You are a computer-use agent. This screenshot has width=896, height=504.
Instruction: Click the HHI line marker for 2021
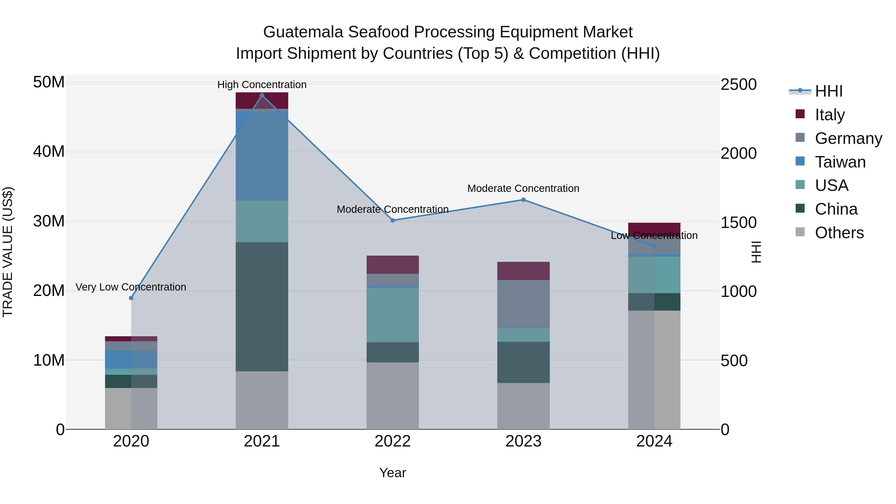pos(262,95)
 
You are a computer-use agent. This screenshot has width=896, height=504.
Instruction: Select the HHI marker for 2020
pos(131,298)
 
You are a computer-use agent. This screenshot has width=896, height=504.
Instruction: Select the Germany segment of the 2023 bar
pos(523,303)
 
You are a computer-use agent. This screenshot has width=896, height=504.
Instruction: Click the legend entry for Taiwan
pos(840,162)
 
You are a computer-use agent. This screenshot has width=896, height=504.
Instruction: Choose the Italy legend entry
pos(830,115)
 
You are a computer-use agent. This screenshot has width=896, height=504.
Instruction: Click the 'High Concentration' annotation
pos(262,85)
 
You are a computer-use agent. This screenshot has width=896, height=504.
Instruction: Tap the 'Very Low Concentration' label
pos(131,287)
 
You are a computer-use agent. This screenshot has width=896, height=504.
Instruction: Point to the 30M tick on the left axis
pos(49,221)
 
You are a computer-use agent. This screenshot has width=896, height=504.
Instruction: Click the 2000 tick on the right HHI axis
pos(738,153)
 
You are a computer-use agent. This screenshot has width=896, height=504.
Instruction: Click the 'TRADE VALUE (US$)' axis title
pos(8,252)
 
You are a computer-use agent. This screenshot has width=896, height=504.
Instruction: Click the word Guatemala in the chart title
pos(303,32)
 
